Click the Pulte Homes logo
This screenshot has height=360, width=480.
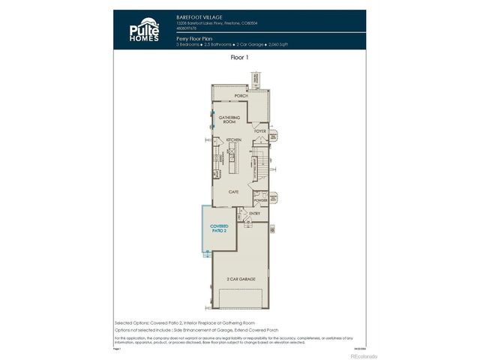tap(142, 29)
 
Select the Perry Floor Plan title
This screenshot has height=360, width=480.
tap(195, 37)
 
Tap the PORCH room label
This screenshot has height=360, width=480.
tap(241, 96)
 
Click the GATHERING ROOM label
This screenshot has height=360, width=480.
tap(228, 119)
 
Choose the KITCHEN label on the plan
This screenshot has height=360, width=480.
tap(233, 140)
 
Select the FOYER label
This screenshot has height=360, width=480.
tap(259, 131)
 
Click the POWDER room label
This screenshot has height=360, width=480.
tap(261, 200)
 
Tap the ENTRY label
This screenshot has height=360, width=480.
tap(255, 213)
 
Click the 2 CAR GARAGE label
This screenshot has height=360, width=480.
tap(241, 279)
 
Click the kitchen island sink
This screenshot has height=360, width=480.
tap(232, 157)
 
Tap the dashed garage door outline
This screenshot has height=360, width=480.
tap(241, 301)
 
